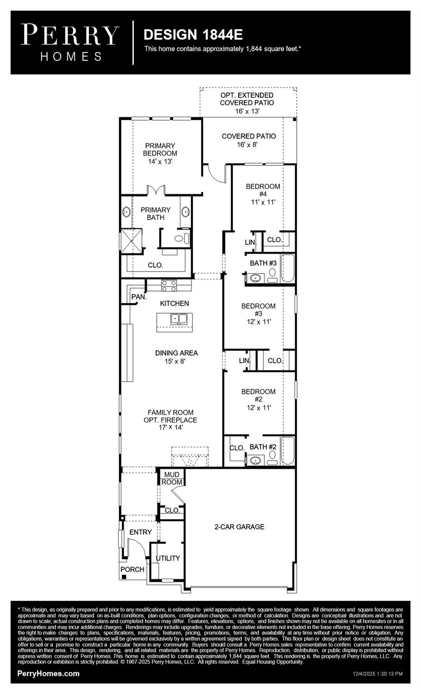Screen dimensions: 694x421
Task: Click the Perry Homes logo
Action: click(70, 42)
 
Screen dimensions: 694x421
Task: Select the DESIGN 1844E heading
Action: click(193, 35)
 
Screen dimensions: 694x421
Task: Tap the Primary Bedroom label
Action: click(160, 153)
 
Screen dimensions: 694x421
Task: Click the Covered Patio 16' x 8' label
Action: click(248, 140)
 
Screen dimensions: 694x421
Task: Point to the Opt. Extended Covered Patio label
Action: click(247, 103)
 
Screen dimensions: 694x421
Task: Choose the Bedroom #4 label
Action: click(263, 194)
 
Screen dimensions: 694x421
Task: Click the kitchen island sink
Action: click(179, 319)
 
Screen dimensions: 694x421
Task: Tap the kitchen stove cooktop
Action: click(169, 286)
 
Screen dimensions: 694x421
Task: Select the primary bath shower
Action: click(131, 241)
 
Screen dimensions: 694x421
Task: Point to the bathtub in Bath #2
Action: click(288, 450)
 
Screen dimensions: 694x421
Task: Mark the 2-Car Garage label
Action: click(239, 527)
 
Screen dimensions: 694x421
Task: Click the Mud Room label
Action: click(172, 478)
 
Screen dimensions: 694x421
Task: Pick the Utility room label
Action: click(168, 558)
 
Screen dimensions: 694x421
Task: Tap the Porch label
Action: click(132, 569)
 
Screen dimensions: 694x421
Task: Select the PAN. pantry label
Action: click(139, 297)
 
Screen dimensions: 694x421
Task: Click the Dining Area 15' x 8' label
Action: click(176, 357)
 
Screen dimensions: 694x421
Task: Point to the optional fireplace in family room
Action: click(190, 458)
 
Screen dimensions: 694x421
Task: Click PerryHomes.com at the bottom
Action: click(48, 673)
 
